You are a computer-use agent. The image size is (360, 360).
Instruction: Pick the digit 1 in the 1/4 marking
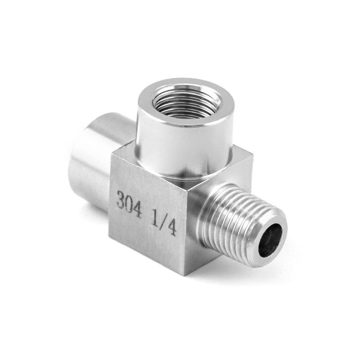(154, 218)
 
